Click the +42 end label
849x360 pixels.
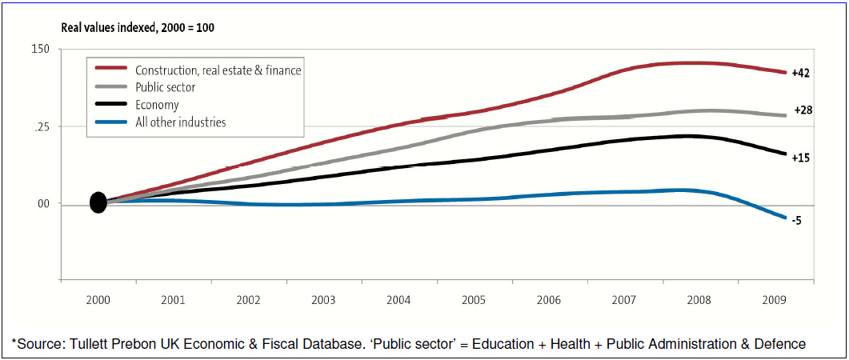(801, 74)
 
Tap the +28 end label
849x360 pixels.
(803, 110)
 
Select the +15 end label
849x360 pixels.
(801, 158)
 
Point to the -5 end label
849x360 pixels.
(796, 221)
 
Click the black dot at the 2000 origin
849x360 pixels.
(98, 203)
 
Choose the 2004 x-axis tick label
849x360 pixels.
(398, 301)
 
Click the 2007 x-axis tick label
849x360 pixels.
(623, 301)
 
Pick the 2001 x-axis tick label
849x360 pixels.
(173, 301)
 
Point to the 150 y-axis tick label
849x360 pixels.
(42, 50)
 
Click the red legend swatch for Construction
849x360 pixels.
(112, 70)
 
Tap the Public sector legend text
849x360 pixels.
(166, 87)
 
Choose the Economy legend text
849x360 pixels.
(157, 105)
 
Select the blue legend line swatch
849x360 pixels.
(112, 122)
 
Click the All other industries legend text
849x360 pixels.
(181, 122)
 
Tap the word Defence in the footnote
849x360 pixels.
(779, 344)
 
